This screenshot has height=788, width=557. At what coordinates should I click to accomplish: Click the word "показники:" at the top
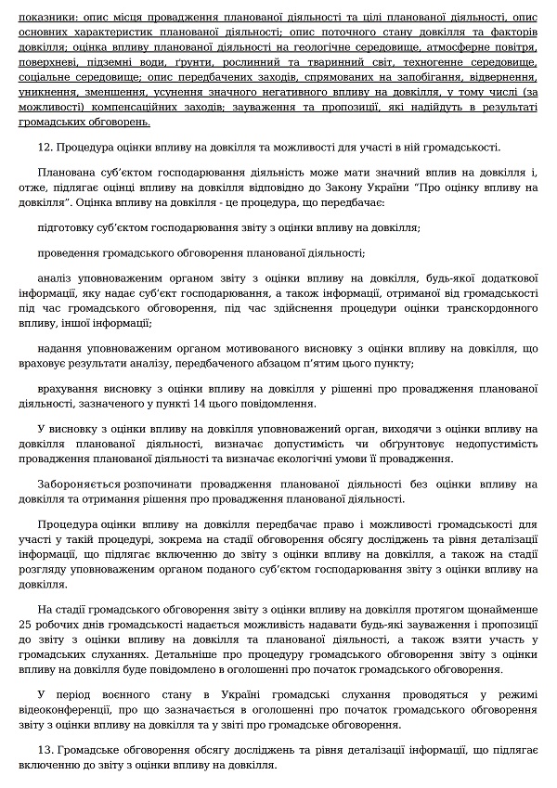(44, 18)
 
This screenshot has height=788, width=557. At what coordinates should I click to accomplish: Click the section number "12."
(46, 148)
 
